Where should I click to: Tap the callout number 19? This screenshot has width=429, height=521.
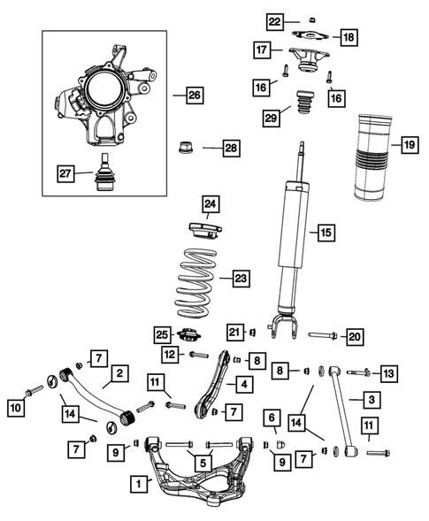point(409,142)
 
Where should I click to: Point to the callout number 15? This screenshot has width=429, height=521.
point(325,233)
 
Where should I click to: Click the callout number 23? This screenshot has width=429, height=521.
point(241,278)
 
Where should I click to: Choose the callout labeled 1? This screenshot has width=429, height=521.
point(138,484)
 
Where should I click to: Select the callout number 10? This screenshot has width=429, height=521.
point(15,408)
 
